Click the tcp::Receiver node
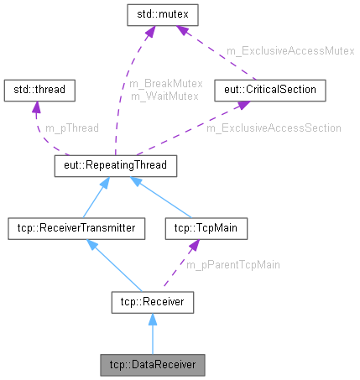coord(153,301)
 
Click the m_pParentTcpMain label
coord(232,264)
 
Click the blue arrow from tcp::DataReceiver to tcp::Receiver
coord(152,336)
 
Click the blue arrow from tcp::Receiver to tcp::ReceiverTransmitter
coord(113,264)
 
